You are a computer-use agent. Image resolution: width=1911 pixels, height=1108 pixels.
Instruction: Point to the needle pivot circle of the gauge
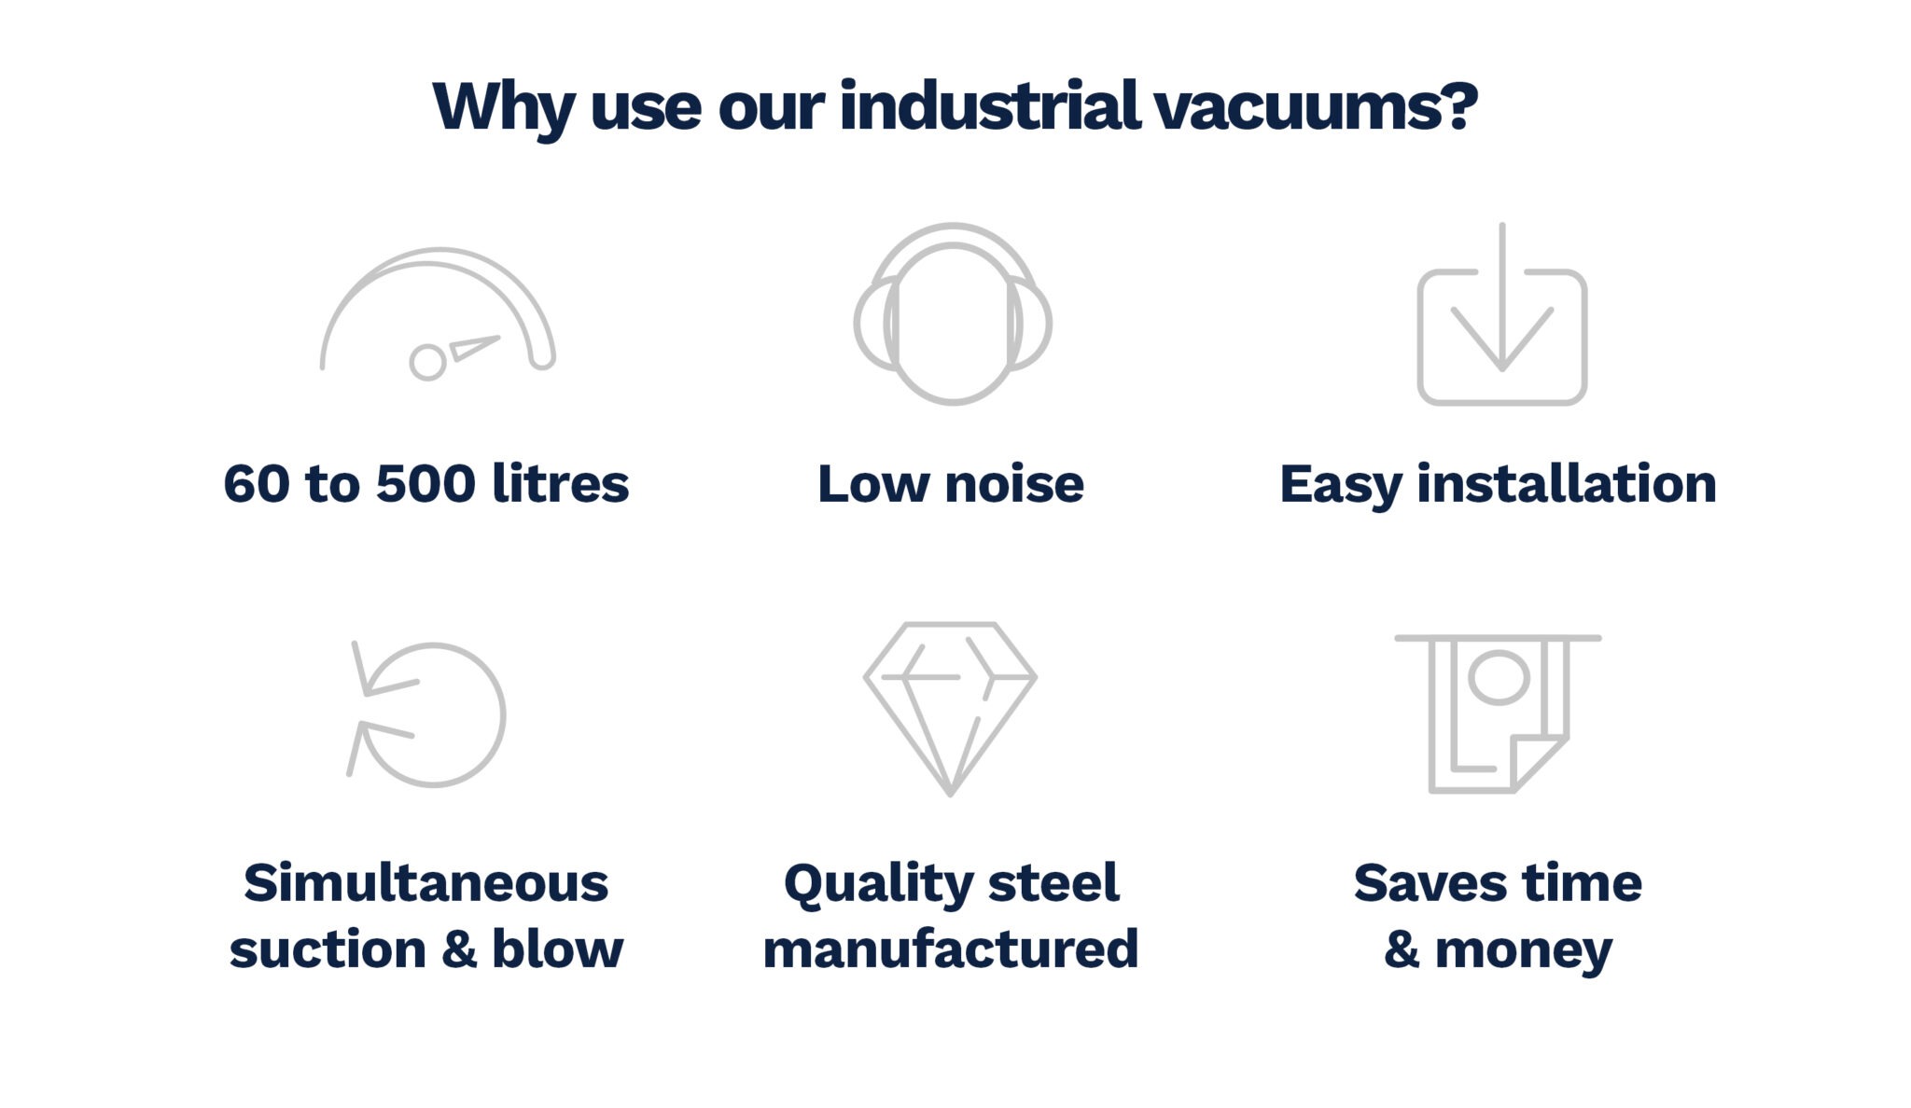click(x=427, y=362)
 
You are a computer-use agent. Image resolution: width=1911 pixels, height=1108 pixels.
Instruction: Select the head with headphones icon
click(x=953, y=313)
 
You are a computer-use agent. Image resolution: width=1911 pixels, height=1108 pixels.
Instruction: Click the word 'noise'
click(x=1014, y=483)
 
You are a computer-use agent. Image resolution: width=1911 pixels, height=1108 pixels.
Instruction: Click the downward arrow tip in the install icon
click(x=1501, y=366)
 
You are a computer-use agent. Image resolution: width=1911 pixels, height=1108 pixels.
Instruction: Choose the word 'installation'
click(x=1567, y=483)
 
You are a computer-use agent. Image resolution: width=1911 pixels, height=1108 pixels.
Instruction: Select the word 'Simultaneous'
click(x=426, y=882)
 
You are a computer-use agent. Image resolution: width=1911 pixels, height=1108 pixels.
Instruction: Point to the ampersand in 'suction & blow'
click(x=458, y=949)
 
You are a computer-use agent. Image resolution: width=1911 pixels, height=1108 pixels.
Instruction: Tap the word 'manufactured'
click(x=951, y=949)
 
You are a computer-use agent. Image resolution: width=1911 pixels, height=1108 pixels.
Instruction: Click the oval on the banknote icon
click(x=1499, y=677)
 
